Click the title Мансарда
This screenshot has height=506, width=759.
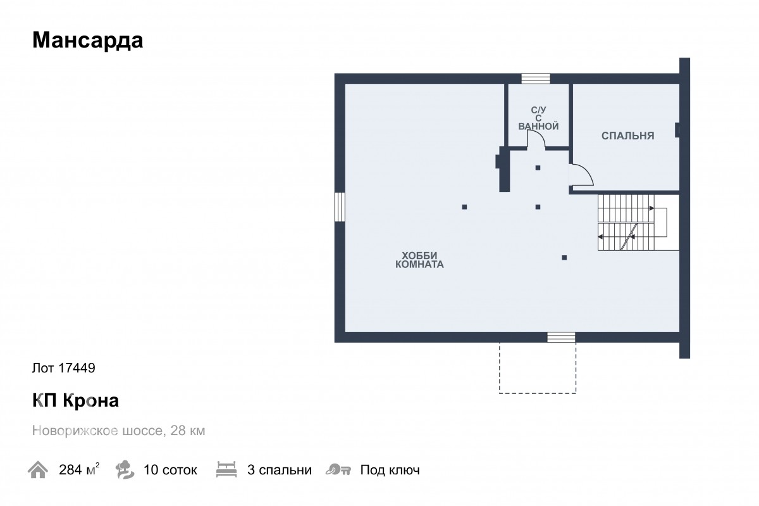pyautogui.click(x=87, y=41)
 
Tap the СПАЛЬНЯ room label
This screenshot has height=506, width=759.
pyautogui.click(x=627, y=136)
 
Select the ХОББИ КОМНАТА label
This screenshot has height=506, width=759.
pyautogui.click(x=419, y=260)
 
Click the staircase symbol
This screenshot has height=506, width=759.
pyautogui.click(x=632, y=222)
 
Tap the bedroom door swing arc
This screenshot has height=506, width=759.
pyautogui.click(x=581, y=175)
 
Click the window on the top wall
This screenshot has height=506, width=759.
pyautogui.click(x=536, y=79)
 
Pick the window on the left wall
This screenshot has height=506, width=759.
pyautogui.click(x=340, y=206)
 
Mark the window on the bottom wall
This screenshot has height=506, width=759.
pyautogui.click(x=561, y=337)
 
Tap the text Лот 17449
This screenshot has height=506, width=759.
pyautogui.click(x=63, y=367)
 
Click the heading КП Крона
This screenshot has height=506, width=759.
pyautogui.click(x=75, y=401)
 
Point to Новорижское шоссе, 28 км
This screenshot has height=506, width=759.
pyautogui.click(x=118, y=431)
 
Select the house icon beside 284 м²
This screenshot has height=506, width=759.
pyautogui.click(x=38, y=470)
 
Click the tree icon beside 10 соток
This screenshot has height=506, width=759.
pyautogui.click(x=125, y=470)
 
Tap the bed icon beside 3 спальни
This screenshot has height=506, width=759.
pyautogui.click(x=225, y=470)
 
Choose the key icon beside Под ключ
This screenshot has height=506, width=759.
pyautogui.click(x=338, y=470)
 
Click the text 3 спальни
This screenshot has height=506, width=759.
pyautogui.click(x=280, y=470)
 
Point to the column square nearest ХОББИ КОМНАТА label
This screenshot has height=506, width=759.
pyautogui.click(x=464, y=206)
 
